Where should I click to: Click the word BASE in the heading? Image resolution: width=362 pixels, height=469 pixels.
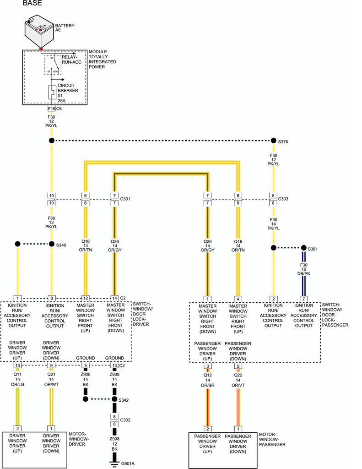(32, 3)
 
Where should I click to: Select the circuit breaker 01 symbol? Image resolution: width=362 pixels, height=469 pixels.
(52, 93)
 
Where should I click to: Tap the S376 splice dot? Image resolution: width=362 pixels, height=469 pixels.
(274, 141)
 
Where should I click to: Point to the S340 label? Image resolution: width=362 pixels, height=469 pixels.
(61, 245)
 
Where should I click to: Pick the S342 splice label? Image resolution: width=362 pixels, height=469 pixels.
(124, 400)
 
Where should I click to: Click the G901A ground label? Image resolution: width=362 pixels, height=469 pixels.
(128, 464)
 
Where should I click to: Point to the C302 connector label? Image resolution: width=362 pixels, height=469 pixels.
(126, 420)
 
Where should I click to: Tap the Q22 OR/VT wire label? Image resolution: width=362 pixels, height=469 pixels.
(238, 380)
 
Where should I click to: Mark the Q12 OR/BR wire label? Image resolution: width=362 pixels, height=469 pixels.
(207, 380)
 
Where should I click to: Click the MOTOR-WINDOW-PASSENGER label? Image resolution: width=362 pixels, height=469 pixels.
(272, 440)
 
